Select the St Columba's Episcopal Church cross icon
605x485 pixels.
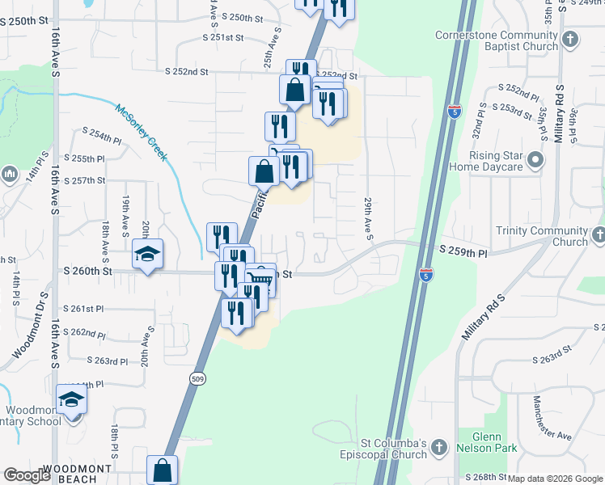(x=438, y=447)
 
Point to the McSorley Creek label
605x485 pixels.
(x=141, y=132)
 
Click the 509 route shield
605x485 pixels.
(x=198, y=377)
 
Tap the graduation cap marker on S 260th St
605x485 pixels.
(x=148, y=254)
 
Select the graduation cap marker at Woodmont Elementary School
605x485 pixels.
(x=72, y=399)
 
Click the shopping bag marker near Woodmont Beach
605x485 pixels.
(x=162, y=470)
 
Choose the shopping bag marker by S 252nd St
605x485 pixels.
(x=295, y=90)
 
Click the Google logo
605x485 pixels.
(x=27, y=475)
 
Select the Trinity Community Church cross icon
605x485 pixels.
(x=598, y=235)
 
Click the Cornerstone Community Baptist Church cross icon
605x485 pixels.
(x=570, y=39)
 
